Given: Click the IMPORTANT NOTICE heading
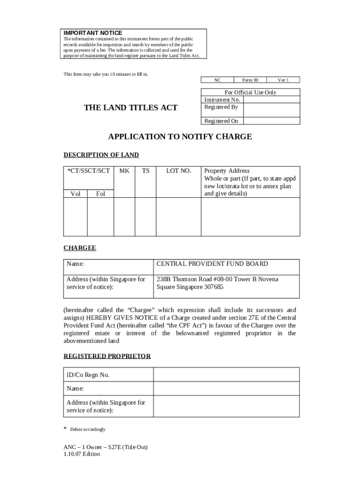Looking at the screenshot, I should click(93, 33).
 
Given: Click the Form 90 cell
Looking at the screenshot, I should click(250, 80).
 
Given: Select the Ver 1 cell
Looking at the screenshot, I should click(283, 80).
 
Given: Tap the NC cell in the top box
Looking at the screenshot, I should click(217, 80).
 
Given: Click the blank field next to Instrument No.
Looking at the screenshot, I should click(271, 100).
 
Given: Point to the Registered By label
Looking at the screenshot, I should click(221, 107).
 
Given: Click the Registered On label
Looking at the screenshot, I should click(221, 121).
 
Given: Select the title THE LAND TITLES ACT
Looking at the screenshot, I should click(130, 108).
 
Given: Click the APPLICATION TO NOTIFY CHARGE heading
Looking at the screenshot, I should click(180, 137).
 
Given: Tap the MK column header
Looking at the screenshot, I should click(124, 171).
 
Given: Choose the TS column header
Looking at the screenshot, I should click(146, 171).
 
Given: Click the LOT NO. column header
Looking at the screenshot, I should click(179, 171).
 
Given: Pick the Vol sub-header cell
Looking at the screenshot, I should click(75, 194).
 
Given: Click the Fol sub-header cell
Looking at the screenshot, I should click(101, 194).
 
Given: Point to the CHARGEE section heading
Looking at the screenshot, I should click(79, 248).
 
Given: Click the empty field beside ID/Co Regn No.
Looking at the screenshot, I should click(226, 375).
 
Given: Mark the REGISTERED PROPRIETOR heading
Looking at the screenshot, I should click(107, 356).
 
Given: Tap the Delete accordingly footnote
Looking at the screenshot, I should click(87, 429).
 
